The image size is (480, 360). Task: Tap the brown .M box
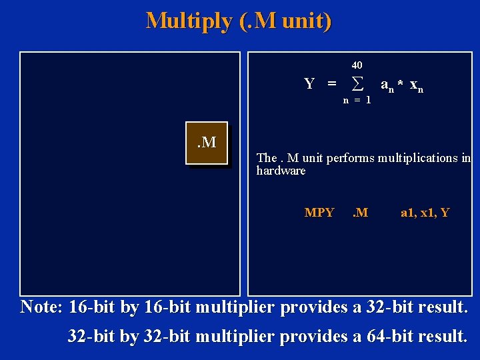[x=206, y=143]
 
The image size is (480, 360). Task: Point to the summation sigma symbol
[x=357, y=84]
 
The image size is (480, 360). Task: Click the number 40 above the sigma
[x=357, y=65]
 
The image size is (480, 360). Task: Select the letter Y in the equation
[x=309, y=84]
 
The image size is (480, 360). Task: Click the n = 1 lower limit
[x=357, y=100]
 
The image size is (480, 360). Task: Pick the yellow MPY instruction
[x=319, y=213]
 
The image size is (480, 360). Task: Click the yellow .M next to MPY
[x=360, y=213]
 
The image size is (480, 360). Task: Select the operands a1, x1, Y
[x=425, y=213]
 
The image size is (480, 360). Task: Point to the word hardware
[x=281, y=171]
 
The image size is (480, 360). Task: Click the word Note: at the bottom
[x=42, y=307]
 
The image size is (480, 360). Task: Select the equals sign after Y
[x=331, y=85]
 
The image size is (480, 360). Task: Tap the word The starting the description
[x=267, y=158]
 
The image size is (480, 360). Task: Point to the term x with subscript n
[x=417, y=86]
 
